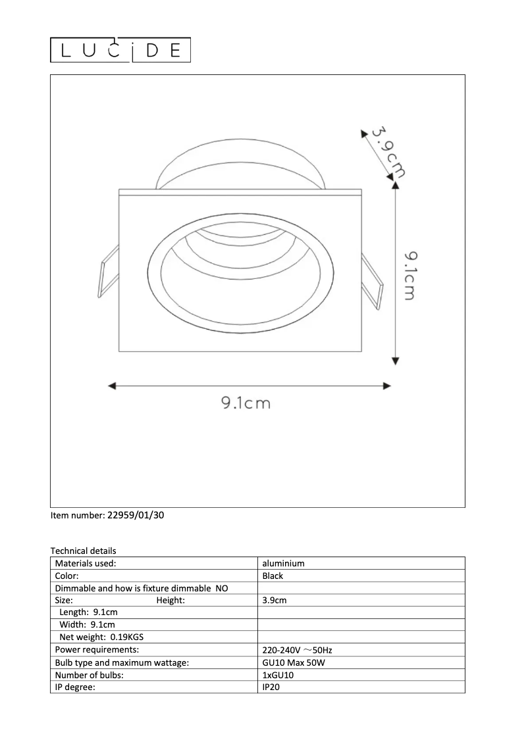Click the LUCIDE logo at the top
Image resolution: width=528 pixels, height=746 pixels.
(x=120, y=51)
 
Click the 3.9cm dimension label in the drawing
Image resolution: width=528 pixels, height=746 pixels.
(x=388, y=151)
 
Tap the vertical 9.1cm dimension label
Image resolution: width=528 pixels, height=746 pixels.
(x=409, y=274)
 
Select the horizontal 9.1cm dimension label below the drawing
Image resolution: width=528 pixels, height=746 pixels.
(x=246, y=403)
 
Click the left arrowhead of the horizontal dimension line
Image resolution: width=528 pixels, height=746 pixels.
(x=112, y=386)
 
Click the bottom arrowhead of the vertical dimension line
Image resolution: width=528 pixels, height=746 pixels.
(x=395, y=360)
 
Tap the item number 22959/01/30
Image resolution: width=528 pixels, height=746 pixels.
(x=135, y=516)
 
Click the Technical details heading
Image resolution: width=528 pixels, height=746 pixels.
(x=83, y=551)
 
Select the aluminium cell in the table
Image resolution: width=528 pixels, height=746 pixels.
(x=283, y=563)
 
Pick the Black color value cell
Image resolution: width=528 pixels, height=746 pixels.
(x=273, y=576)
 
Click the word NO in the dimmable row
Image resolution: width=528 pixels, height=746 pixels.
(x=222, y=588)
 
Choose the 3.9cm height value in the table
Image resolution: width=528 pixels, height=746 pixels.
(x=275, y=600)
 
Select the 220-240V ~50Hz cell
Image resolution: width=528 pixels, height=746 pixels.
(x=297, y=650)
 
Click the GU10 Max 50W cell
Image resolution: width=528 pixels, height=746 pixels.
(x=293, y=662)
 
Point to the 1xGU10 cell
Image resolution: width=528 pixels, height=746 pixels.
(x=279, y=675)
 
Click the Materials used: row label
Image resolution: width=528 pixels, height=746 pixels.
(x=86, y=563)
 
